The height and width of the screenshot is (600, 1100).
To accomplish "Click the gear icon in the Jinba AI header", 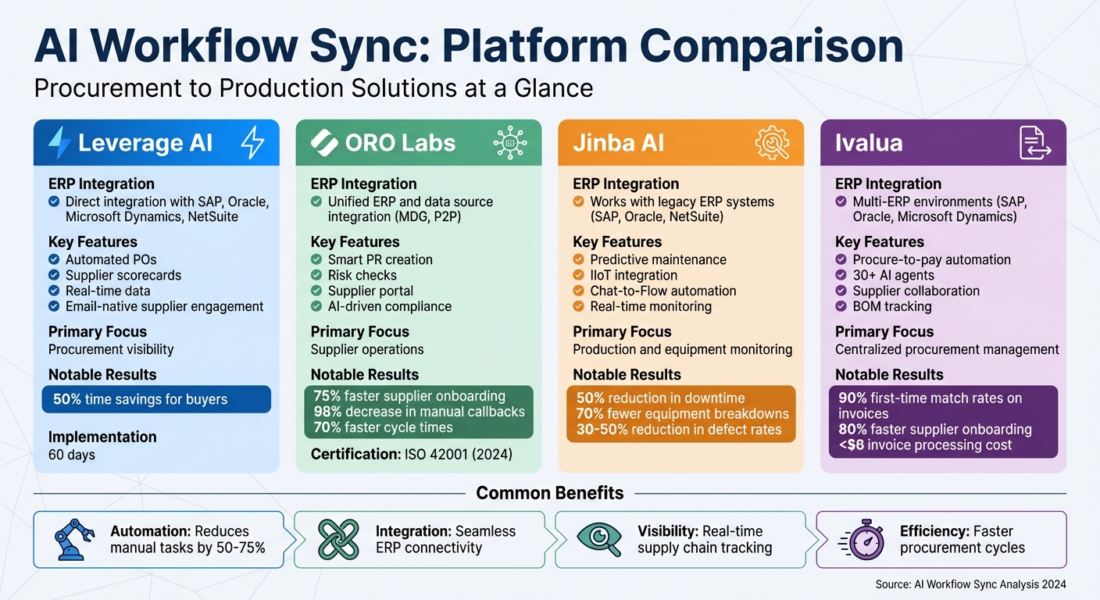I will (x=772, y=143).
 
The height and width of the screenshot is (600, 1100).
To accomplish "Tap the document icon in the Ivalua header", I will (x=1035, y=143).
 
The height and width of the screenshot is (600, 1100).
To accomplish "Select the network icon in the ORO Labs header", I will (x=510, y=143).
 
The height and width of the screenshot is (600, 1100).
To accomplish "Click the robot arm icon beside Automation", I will (x=75, y=539).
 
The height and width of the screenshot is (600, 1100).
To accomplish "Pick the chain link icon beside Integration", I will (x=338, y=539).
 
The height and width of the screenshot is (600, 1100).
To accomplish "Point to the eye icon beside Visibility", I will (x=599, y=539).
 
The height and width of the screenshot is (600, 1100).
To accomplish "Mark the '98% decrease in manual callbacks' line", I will (x=419, y=412).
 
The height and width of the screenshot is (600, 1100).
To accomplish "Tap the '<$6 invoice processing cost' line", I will (x=925, y=445).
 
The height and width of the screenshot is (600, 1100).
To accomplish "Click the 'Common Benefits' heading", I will (x=550, y=493).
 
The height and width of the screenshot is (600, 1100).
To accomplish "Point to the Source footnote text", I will (x=970, y=584).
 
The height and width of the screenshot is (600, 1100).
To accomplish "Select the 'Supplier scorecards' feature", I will (x=123, y=275).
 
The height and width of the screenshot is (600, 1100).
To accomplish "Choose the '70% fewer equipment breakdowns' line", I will (x=682, y=414).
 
